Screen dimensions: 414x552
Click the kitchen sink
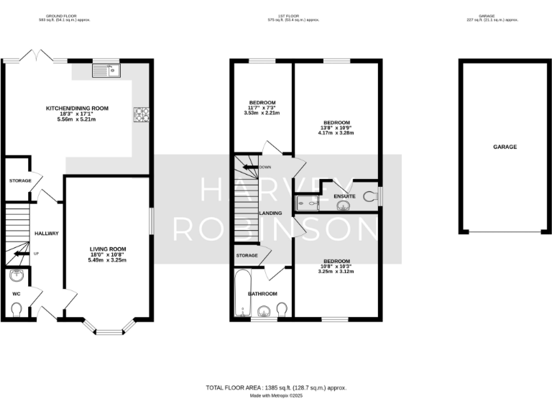coord(108,70)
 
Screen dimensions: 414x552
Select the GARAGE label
coord(505,147)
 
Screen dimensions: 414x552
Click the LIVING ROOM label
coord(107,249)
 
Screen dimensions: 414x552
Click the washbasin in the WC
coord(15,275)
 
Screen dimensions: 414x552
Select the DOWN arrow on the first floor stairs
coord(251,167)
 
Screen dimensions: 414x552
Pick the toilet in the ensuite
coord(370,195)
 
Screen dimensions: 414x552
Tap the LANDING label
coord(271,213)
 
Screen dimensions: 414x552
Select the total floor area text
coord(276,387)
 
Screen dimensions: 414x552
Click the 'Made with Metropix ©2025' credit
coord(276,395)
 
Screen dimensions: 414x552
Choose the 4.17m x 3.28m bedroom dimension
coord(336,133)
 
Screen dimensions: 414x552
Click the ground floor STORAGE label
coord(19,180)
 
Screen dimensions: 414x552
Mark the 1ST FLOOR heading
coord(277,15)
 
